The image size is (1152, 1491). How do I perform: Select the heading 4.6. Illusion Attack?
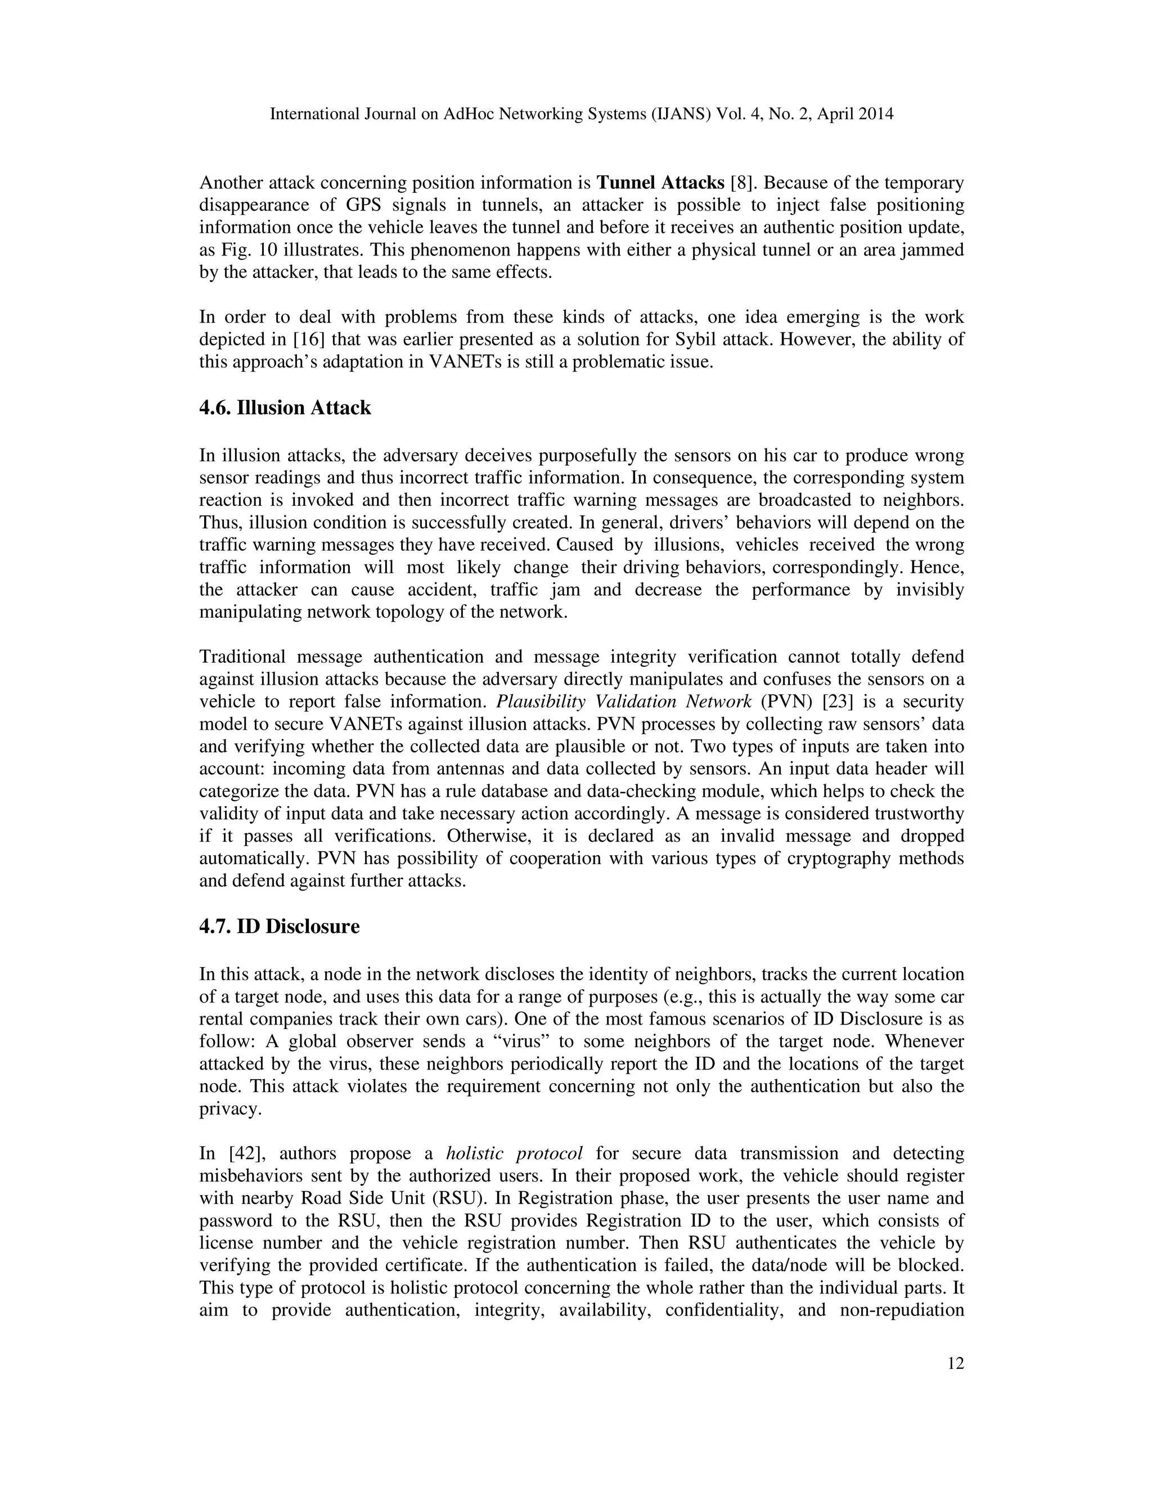click(x=285, y=408)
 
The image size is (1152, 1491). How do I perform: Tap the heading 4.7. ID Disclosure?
click(x=279, y=927)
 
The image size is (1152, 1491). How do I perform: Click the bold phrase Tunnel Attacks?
click(x=660, y=183)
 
